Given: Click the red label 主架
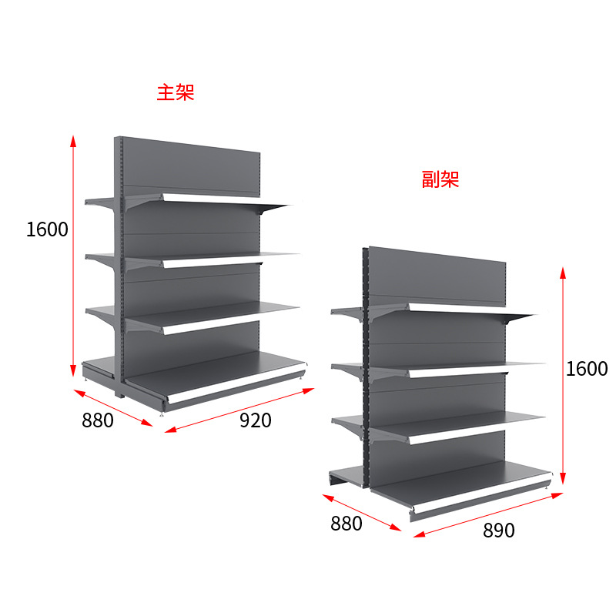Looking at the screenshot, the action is click(176, 93).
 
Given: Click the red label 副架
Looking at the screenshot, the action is click(440, 180).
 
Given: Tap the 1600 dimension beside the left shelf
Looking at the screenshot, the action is click(47, 229).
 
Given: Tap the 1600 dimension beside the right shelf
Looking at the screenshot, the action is click(587, 368).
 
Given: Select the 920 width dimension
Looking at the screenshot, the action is click(256, 420).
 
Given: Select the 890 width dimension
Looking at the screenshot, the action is click(500, 531).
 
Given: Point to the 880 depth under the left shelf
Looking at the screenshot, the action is click(97, 420).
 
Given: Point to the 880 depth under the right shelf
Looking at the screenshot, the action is click(346, 524).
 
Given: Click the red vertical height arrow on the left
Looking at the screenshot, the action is click(73, 254).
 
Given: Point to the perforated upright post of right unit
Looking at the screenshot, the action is click(366, 370).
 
